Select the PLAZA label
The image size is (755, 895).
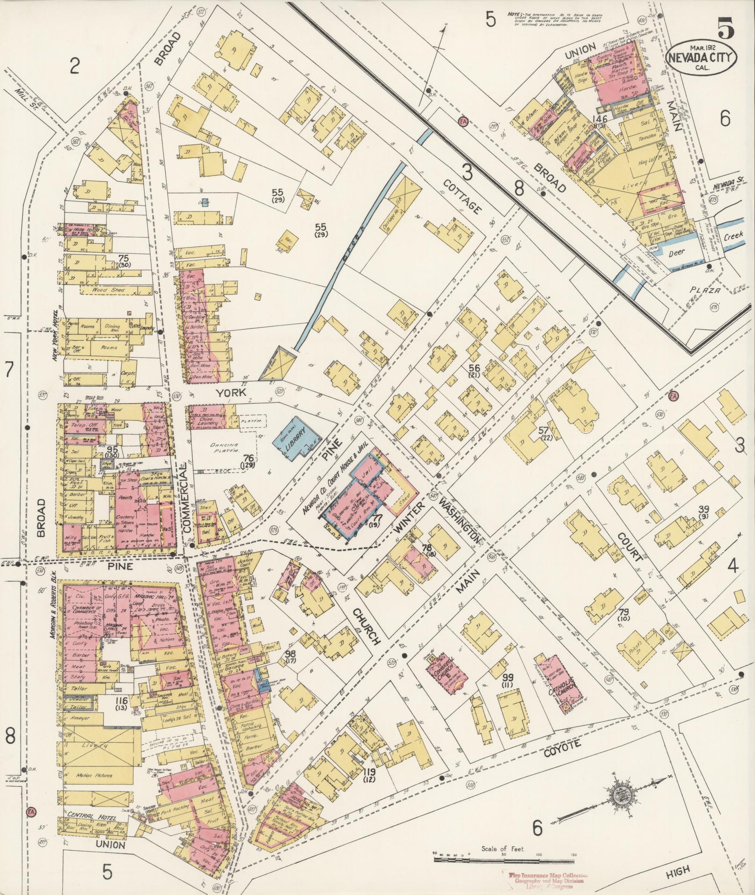(706, 291)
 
